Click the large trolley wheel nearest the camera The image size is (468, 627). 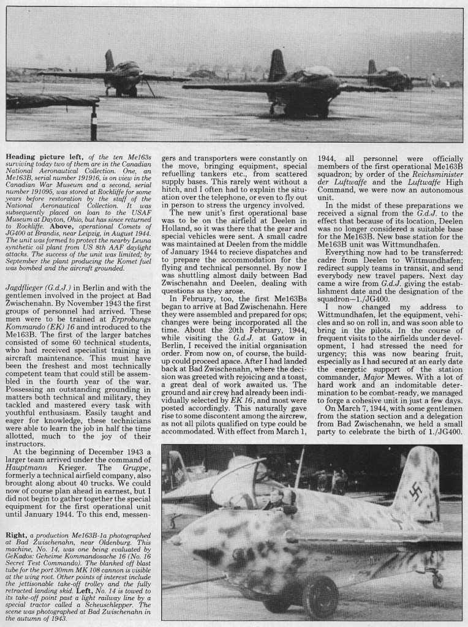(319, 597)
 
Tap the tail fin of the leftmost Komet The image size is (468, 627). (110, 60)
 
